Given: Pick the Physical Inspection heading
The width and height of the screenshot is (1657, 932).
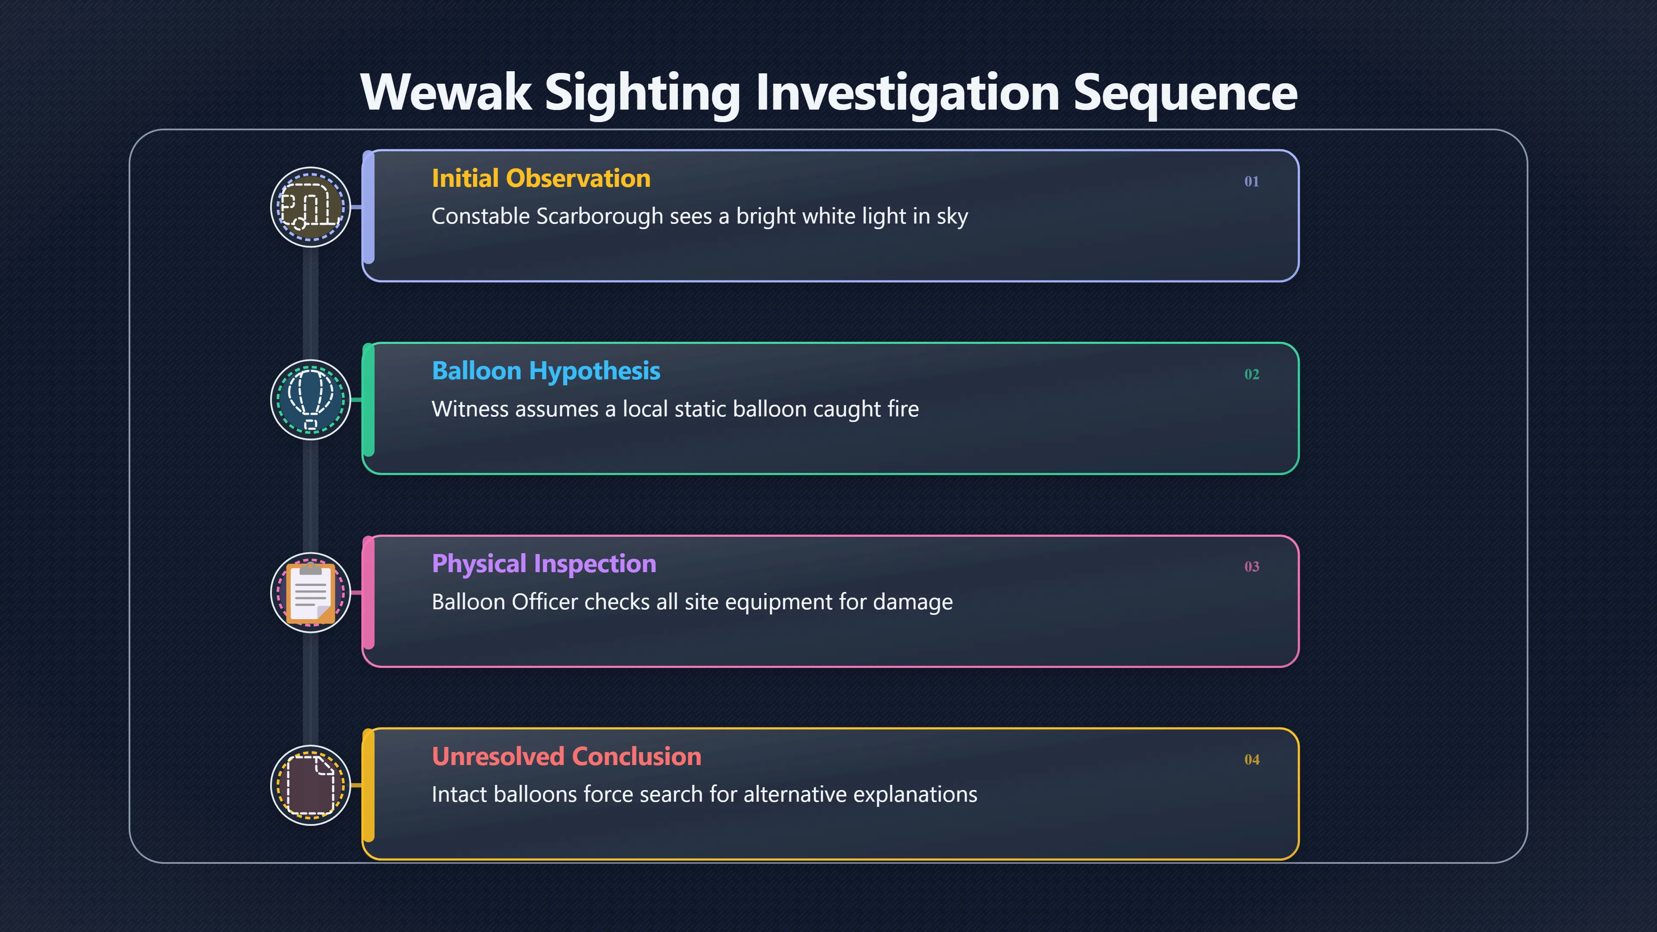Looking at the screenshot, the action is (x=544, y=564).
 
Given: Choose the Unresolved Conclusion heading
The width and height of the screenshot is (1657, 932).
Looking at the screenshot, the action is (x=567, y=756).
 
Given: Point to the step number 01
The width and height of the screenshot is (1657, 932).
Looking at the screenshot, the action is (x=1251, y=181).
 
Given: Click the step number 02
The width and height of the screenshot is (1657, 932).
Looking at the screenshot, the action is (x=1251, y=375).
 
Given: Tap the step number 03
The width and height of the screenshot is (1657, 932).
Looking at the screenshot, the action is (x=1251, y=567).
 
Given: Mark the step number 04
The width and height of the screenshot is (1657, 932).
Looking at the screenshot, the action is (x=1251, y=759).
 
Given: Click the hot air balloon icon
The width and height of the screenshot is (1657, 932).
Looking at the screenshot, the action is (x=311, y=400).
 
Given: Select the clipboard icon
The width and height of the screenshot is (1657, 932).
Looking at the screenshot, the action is (x=311, y=592).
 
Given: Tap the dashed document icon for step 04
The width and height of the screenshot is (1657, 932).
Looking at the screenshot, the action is (x=311, y=785).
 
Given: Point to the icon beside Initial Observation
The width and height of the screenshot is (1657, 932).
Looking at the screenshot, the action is (x=311, y=207).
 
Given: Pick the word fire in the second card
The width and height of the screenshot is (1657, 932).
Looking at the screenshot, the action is (x=903, y=409).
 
